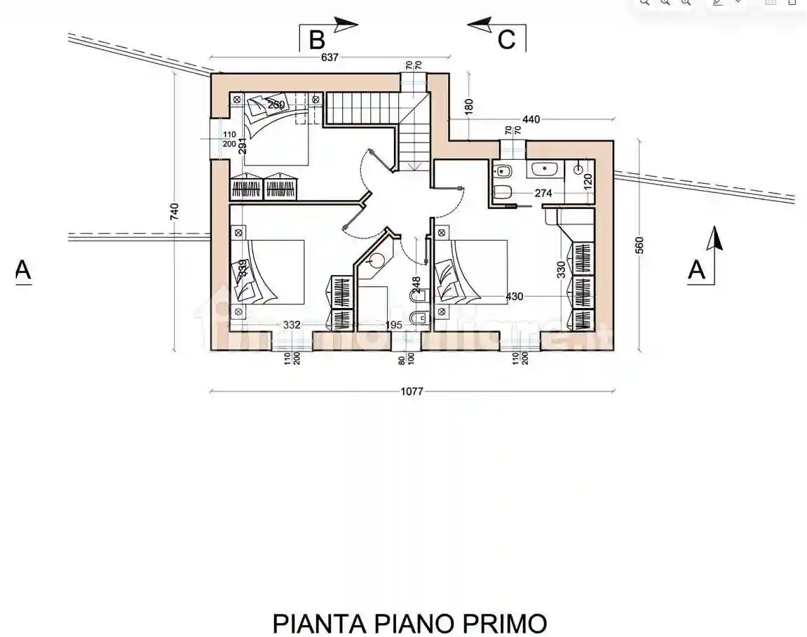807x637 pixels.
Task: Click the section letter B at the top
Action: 317,39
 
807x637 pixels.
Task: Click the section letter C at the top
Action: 506,39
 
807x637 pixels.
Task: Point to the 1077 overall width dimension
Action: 412,391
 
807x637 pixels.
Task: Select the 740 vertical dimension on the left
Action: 175,211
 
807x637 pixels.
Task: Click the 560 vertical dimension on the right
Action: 639,245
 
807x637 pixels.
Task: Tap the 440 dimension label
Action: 531,120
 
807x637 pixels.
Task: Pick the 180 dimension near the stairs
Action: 469,105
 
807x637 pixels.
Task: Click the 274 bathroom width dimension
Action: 544,194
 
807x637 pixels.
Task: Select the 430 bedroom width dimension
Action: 515,297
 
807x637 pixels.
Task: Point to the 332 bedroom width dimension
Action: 292,325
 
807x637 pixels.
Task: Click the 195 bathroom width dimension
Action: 394,325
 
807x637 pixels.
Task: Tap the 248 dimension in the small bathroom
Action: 416,284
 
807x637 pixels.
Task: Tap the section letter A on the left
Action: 23,270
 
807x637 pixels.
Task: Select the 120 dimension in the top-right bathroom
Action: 588,179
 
